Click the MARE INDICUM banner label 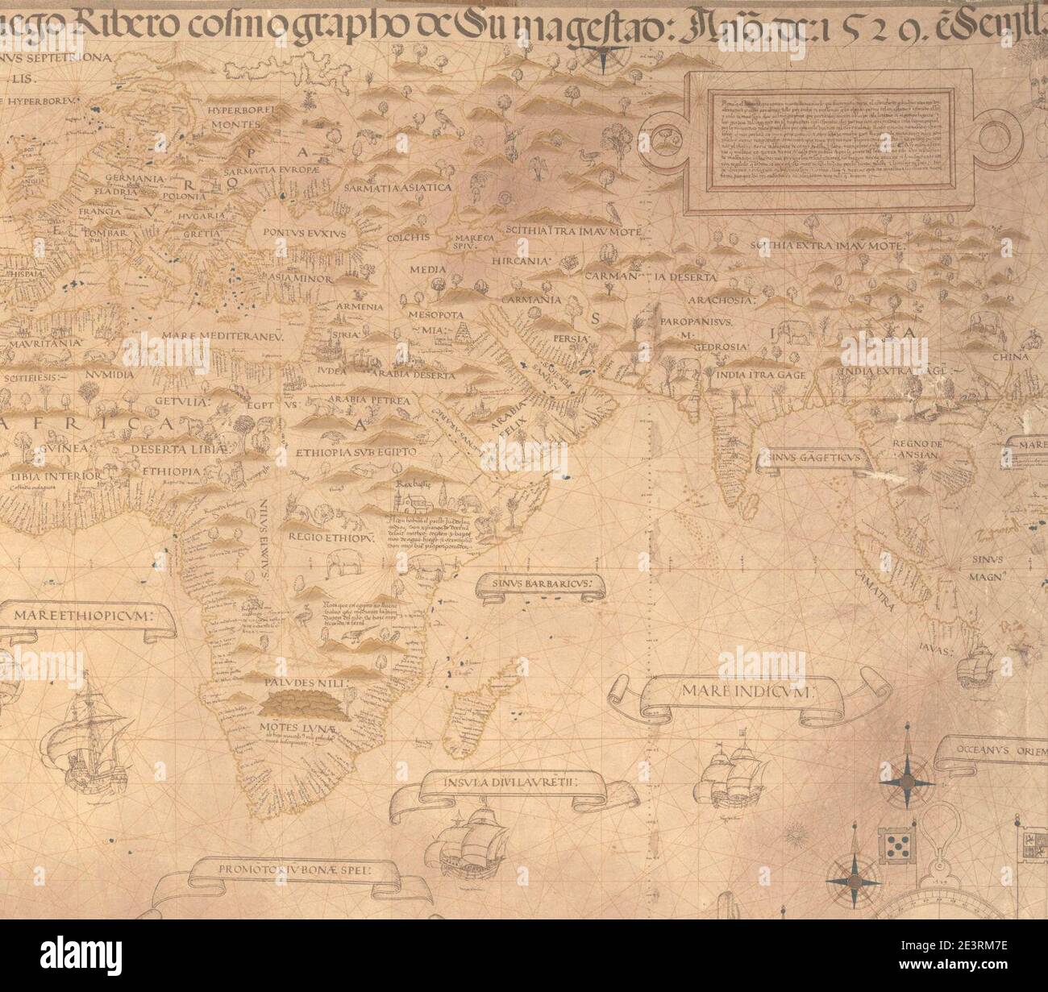coord(749,691)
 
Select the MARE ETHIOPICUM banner coord(95,617)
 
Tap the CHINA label coord(1013,357)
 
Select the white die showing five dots coord(896,845)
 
